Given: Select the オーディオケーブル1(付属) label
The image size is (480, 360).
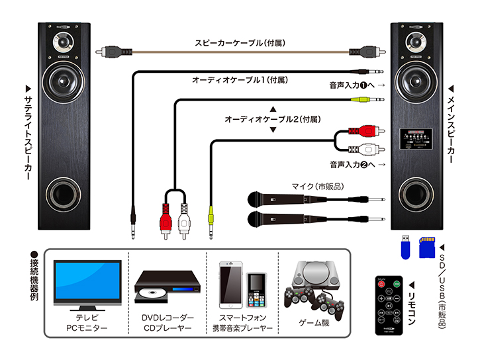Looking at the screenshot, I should pyautogui.click(x=239, y=80).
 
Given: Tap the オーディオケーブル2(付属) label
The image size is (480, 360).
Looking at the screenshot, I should pyautogui.click(x=272, y=119).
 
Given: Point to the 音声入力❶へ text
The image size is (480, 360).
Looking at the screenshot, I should pyautogui.click(x=352, y=85).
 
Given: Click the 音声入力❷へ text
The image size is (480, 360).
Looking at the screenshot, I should pyautogui.click(x=352, y=163).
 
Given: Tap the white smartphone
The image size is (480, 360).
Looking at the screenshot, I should pyautogui.click(x=231, y=284).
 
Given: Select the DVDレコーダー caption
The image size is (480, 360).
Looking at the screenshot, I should pyautogui.click(x=168, y=318).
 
